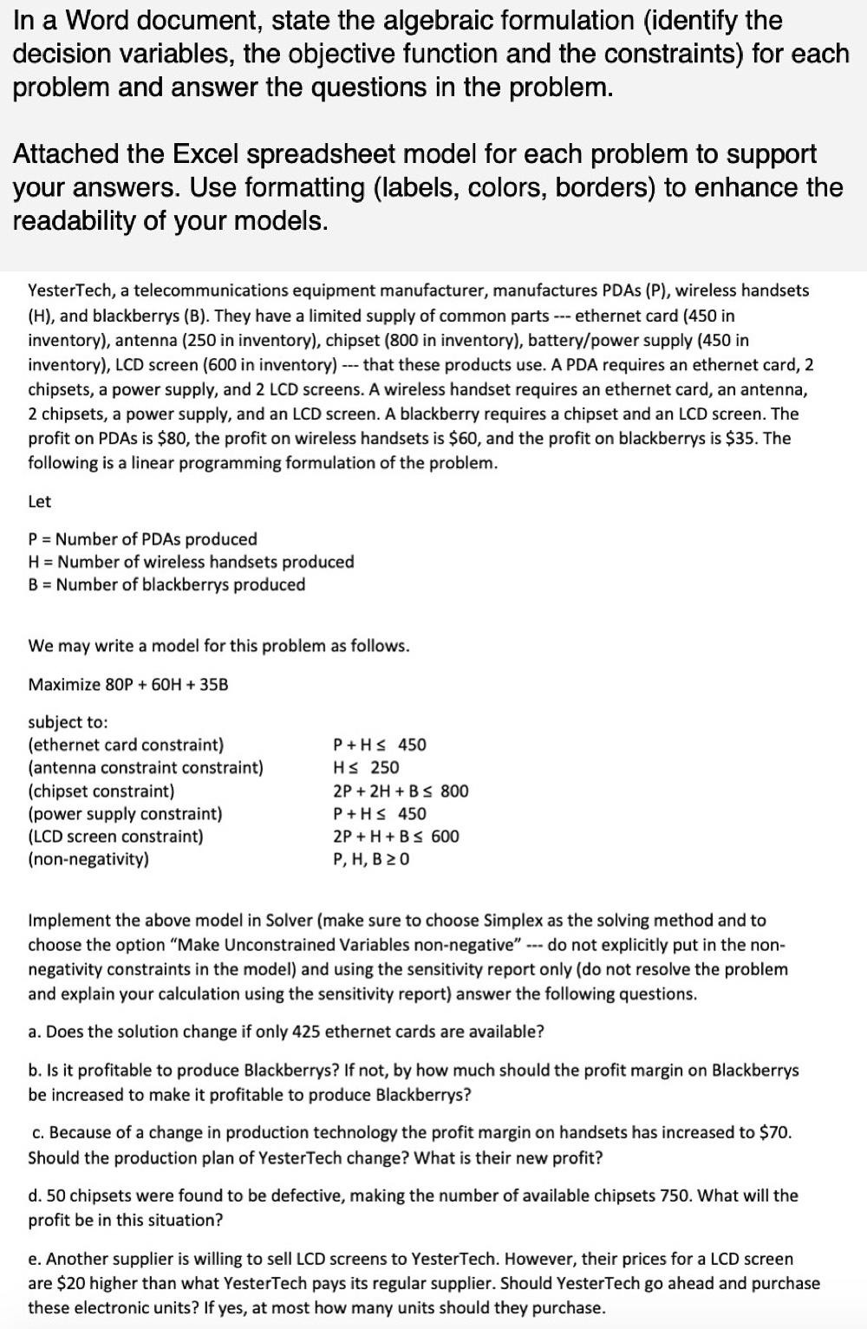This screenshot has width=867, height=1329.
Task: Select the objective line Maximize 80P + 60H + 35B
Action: [128, 684]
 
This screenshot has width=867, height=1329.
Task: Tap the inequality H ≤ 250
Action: [366, 767]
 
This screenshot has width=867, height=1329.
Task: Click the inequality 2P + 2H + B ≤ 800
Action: [401, 791]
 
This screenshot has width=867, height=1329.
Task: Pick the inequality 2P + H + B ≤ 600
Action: [396, 837]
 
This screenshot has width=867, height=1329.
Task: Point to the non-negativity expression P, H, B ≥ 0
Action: [371, 860]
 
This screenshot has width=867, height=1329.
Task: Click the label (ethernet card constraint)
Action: [126, 745]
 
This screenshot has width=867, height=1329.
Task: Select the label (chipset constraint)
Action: [101, 791]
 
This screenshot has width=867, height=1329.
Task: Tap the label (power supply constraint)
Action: [125, 813]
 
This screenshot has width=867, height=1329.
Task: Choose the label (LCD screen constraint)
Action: [116, 837]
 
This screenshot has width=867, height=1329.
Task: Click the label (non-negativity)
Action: [88, 860]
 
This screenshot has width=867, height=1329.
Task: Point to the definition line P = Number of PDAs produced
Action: [142, 538]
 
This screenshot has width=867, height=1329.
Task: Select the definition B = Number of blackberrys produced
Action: [166, 584]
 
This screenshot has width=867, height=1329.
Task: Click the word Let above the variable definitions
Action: [40, 501]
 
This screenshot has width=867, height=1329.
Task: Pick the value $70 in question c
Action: [773, 1132]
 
